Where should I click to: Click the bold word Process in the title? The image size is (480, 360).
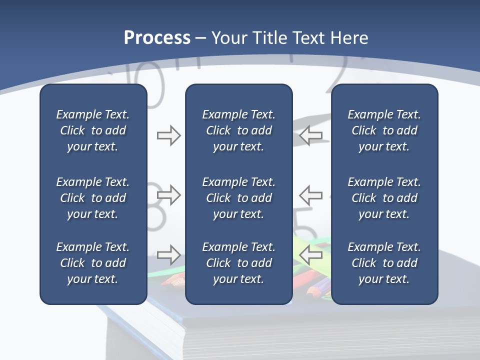[x=157, y=38]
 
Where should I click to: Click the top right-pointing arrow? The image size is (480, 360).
[x=169, y=135]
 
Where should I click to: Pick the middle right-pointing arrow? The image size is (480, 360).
[x=169, y=194]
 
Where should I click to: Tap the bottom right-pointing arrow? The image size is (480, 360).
[x=169, y=255]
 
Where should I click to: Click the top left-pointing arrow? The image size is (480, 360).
[x=310, y=135]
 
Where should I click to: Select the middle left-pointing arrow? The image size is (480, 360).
[x=310, y=194]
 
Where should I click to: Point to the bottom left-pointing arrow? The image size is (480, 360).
[x=310, y=255]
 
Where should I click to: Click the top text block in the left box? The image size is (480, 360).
[x=93, y=130]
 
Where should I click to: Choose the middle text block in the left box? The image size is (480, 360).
[x=93, y=198]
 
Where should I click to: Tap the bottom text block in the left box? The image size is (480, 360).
[x=93, y=263]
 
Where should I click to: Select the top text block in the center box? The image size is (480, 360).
[x=238, y=130]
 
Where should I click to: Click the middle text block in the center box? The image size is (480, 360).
[x=238, y=198]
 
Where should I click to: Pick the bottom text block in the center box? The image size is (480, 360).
[x=238, y=263]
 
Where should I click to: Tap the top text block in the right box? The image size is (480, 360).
[x=384, y=130]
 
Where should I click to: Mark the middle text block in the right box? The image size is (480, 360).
[x=384, y=198]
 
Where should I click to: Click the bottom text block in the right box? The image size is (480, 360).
[x=384, y=263]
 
